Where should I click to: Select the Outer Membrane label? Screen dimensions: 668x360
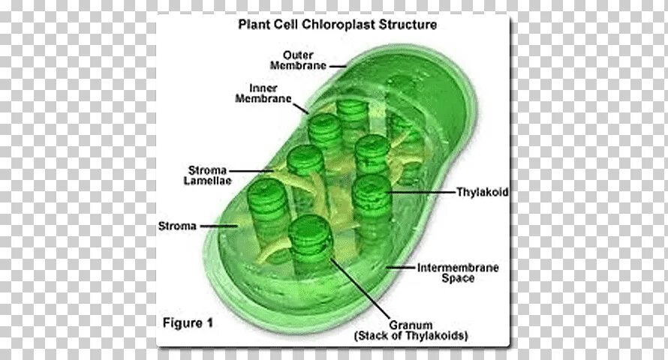click(304, 60)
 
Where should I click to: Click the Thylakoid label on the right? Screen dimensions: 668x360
click(482, 193)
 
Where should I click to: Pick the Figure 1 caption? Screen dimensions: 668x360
click(188, 323)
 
